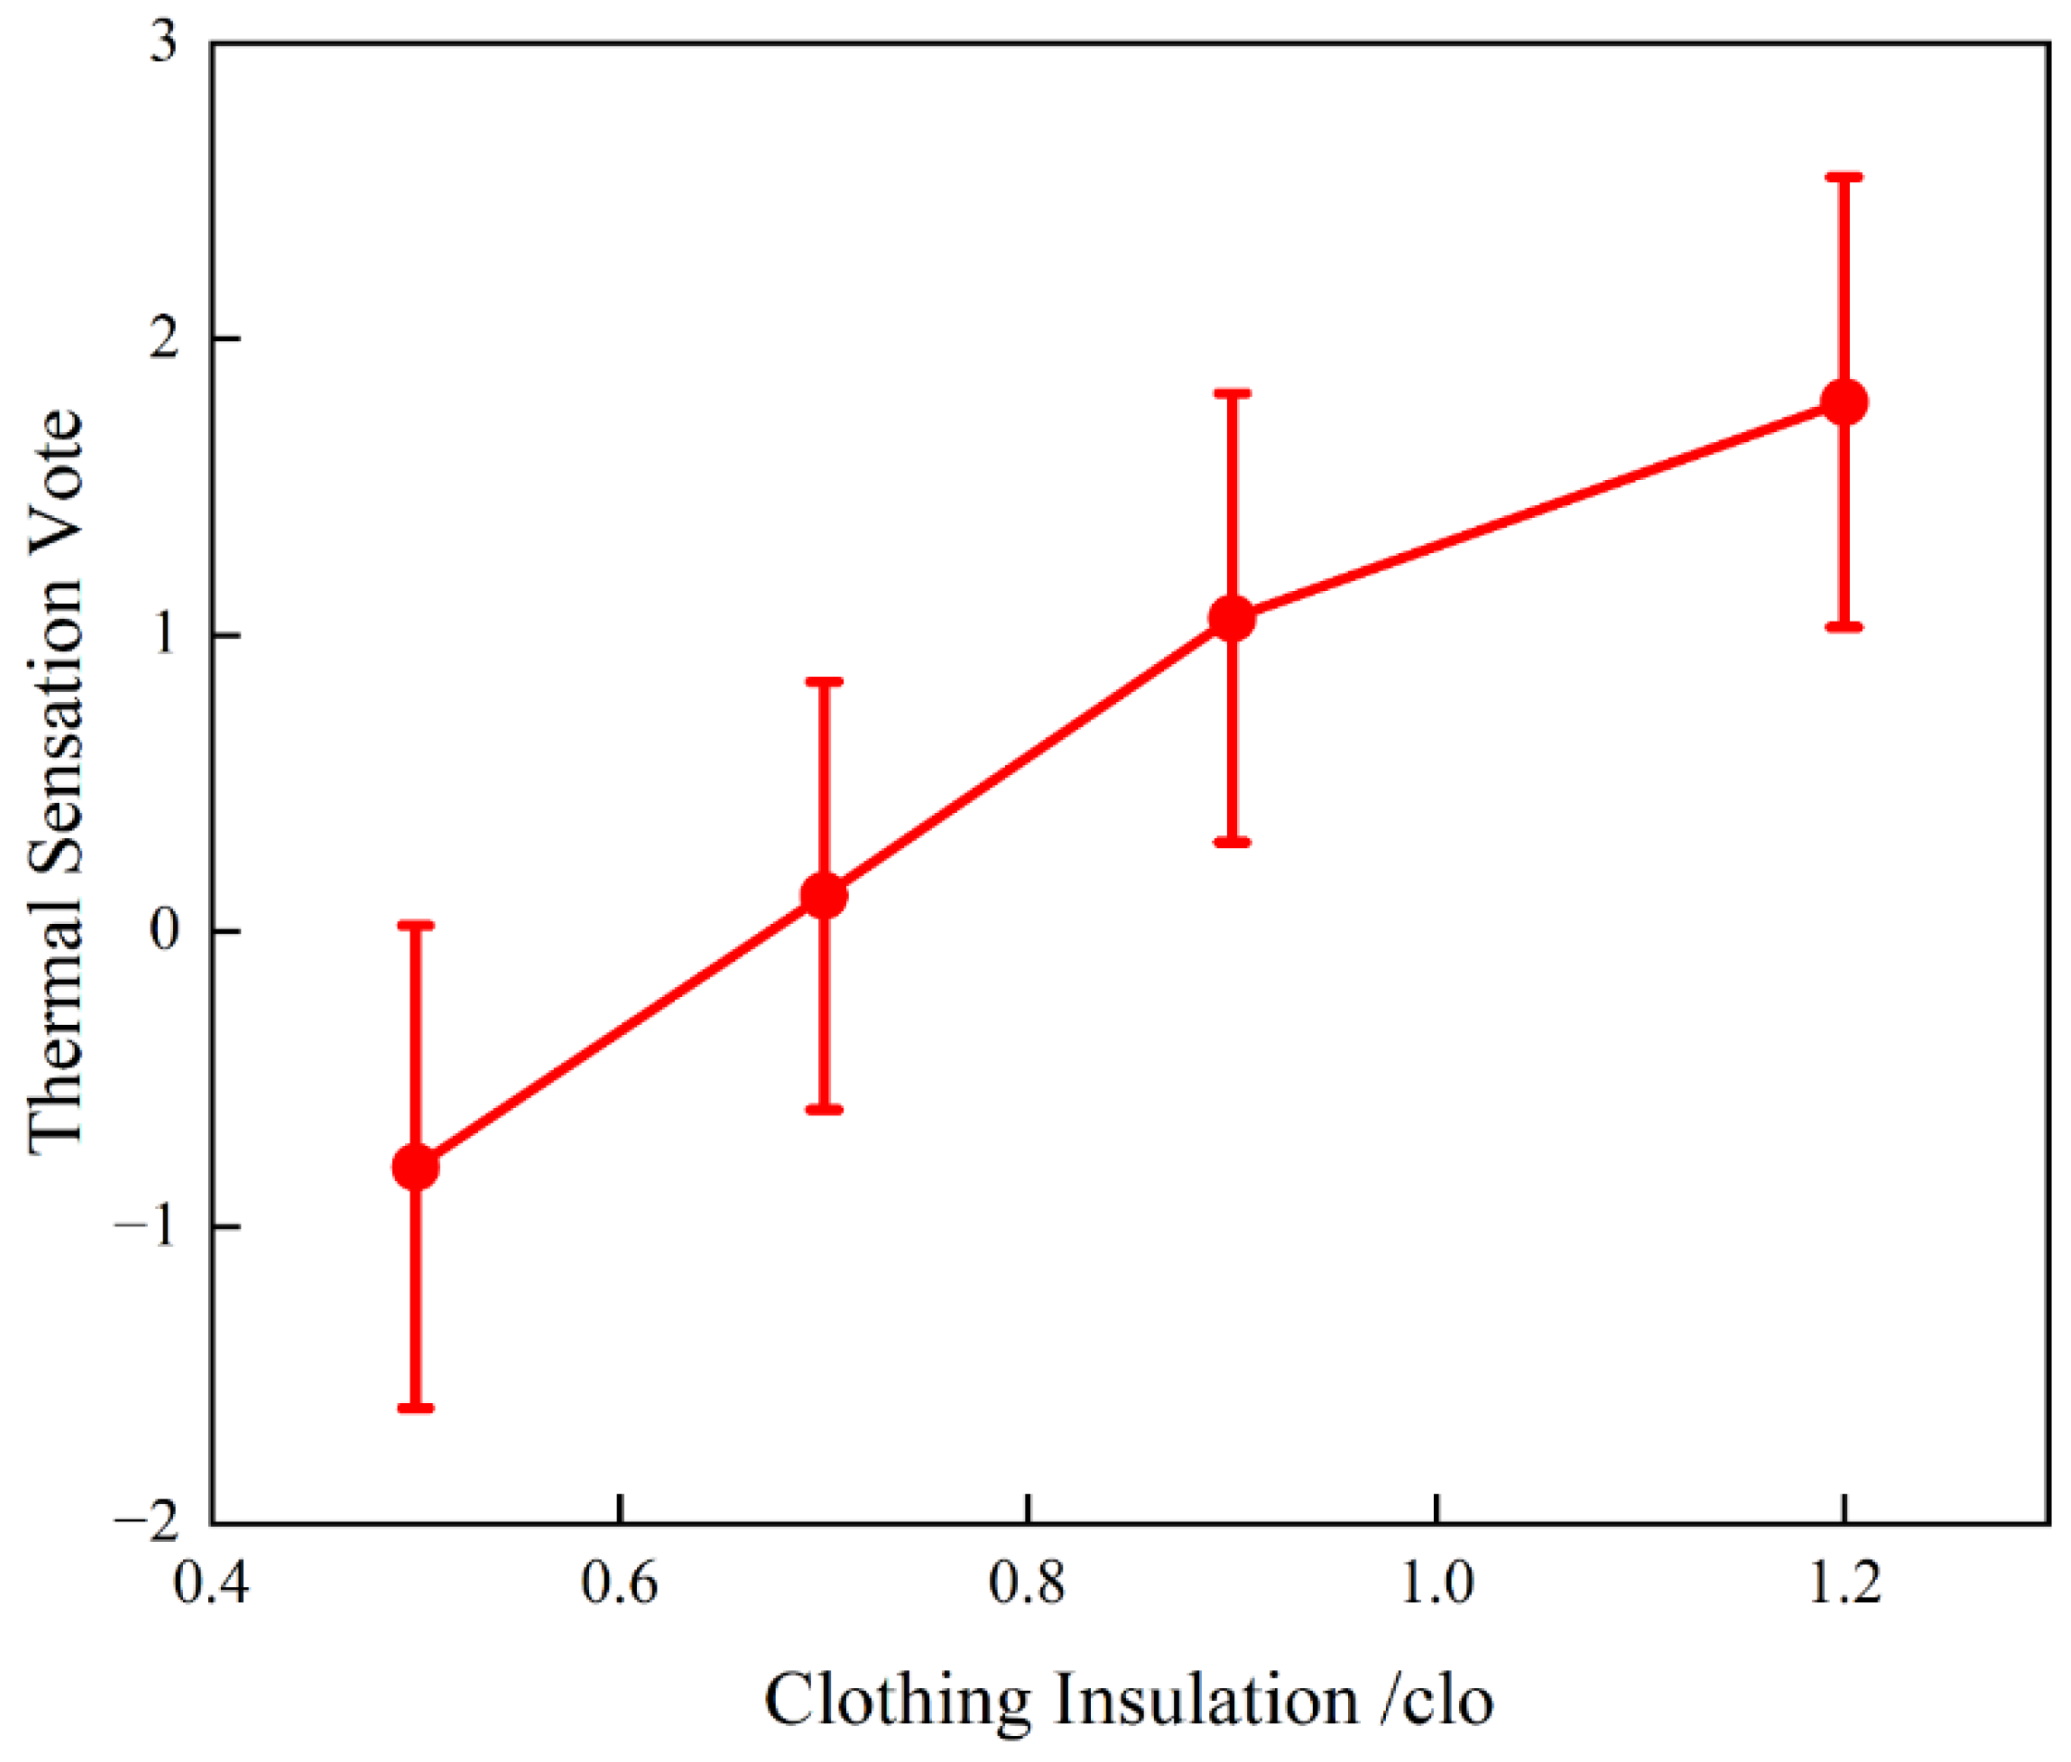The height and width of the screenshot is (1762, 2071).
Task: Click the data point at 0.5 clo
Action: tap(415, 1166)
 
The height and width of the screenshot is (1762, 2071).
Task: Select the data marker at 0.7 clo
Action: tap(824, 895)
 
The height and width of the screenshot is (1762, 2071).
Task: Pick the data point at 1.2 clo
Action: tap(1844, 402)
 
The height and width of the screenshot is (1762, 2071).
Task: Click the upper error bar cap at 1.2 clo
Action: tap(1844, 177)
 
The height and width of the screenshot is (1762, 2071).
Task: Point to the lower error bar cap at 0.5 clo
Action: tap(415, 1409)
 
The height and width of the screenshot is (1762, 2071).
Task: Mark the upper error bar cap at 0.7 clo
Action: tap(824, 682)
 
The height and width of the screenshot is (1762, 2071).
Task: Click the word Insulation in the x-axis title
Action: tap(1207, 1698)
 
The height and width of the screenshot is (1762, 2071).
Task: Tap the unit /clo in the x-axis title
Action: tap(1438, 1698)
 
